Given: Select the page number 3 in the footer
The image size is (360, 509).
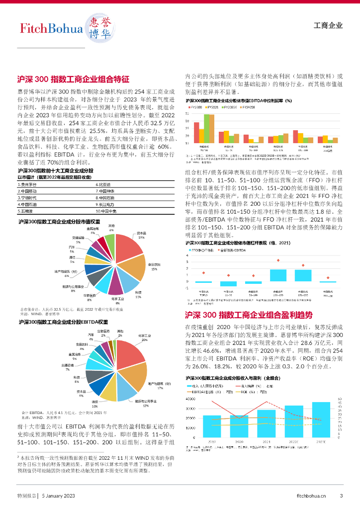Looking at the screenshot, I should tap(341, 496).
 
